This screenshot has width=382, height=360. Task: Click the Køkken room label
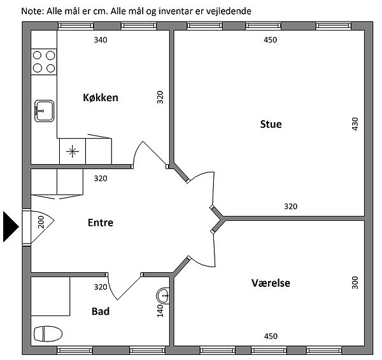pyautogui.click(x=101, y=97)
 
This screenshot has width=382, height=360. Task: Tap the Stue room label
pyautogui.click(x=271, y=125)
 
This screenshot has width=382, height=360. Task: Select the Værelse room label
pyautogui.click(x=271, y=283)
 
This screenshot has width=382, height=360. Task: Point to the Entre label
pyautogui.click(x=101, y=223)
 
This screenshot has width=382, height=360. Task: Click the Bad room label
pyautogui.click(x=101, y=312)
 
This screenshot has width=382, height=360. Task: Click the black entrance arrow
pyautogui.click(x=11, y=227)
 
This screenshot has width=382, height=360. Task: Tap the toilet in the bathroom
pyautogui.click(x=48, y=334)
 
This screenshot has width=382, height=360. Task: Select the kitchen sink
pyautogui.click(x=44, y=111)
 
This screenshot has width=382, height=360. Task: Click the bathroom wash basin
pyautogui.click(x=163, y=296)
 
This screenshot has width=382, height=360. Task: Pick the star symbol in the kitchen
pyautogui.click(x=73, y=151)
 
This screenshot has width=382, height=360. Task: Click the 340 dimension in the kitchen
pyautogui.click(x=101, y=40)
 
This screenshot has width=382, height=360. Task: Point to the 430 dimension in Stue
pyautogui.click(x=355, y=124)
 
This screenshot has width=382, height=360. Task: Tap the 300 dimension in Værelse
pyautogui.click(x=355, y=282)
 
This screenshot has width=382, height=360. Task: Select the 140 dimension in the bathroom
pyautogui.click(x=160, y=311)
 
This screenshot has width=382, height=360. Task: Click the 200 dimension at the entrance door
pyautogui.click(x=41, y=222)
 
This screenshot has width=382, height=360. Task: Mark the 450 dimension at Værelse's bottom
pyautogui.click(x=271, y=336)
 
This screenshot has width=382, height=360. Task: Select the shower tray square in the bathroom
pyautogui.click(x=50, y=296)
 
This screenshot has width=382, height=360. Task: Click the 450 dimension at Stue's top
pyautogui.click(x=271, y=40)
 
